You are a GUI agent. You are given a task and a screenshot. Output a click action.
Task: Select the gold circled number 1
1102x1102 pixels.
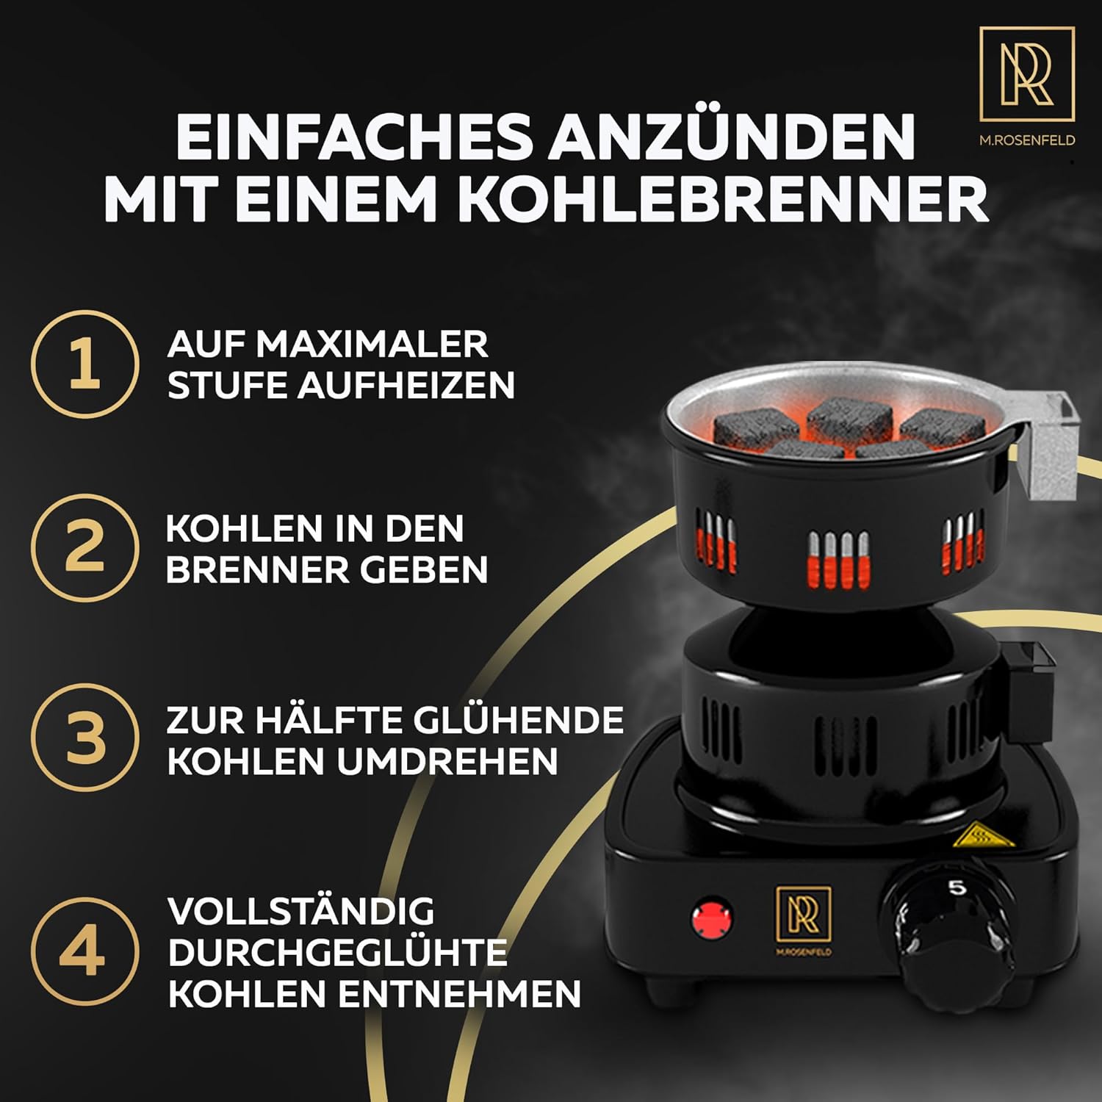pyautogui.click(x=84, y=364)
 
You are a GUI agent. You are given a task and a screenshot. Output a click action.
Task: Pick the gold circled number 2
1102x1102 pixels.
pyautogui.click(x=84, y=547)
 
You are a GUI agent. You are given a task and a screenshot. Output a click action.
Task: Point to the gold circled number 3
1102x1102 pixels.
pyautogui.click(x=84, y=737)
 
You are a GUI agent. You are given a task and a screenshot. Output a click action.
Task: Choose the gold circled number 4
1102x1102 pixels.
pyautogui.click(x=84, y=951)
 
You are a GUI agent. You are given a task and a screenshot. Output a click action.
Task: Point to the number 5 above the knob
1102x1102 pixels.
pyautogui.click(x=957, y=887)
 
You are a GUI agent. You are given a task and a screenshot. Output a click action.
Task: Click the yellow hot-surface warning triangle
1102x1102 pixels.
pyautogui.click(x=983, y=835)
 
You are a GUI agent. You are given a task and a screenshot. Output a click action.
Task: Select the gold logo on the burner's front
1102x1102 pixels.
pyautogui.click(x=804, y=921)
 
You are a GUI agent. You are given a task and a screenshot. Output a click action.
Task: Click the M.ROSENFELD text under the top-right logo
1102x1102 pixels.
pyautogui.click(x=1027, y=140)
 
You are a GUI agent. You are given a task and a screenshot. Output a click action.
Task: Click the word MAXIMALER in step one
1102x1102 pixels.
pyautogui.click(x=372, y=344)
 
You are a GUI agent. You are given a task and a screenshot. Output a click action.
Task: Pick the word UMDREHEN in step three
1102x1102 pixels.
pyautogui.click(x=447, y=761)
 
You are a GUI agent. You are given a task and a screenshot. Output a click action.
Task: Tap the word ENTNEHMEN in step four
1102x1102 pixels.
pyautogui.click(x=459, y=993)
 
